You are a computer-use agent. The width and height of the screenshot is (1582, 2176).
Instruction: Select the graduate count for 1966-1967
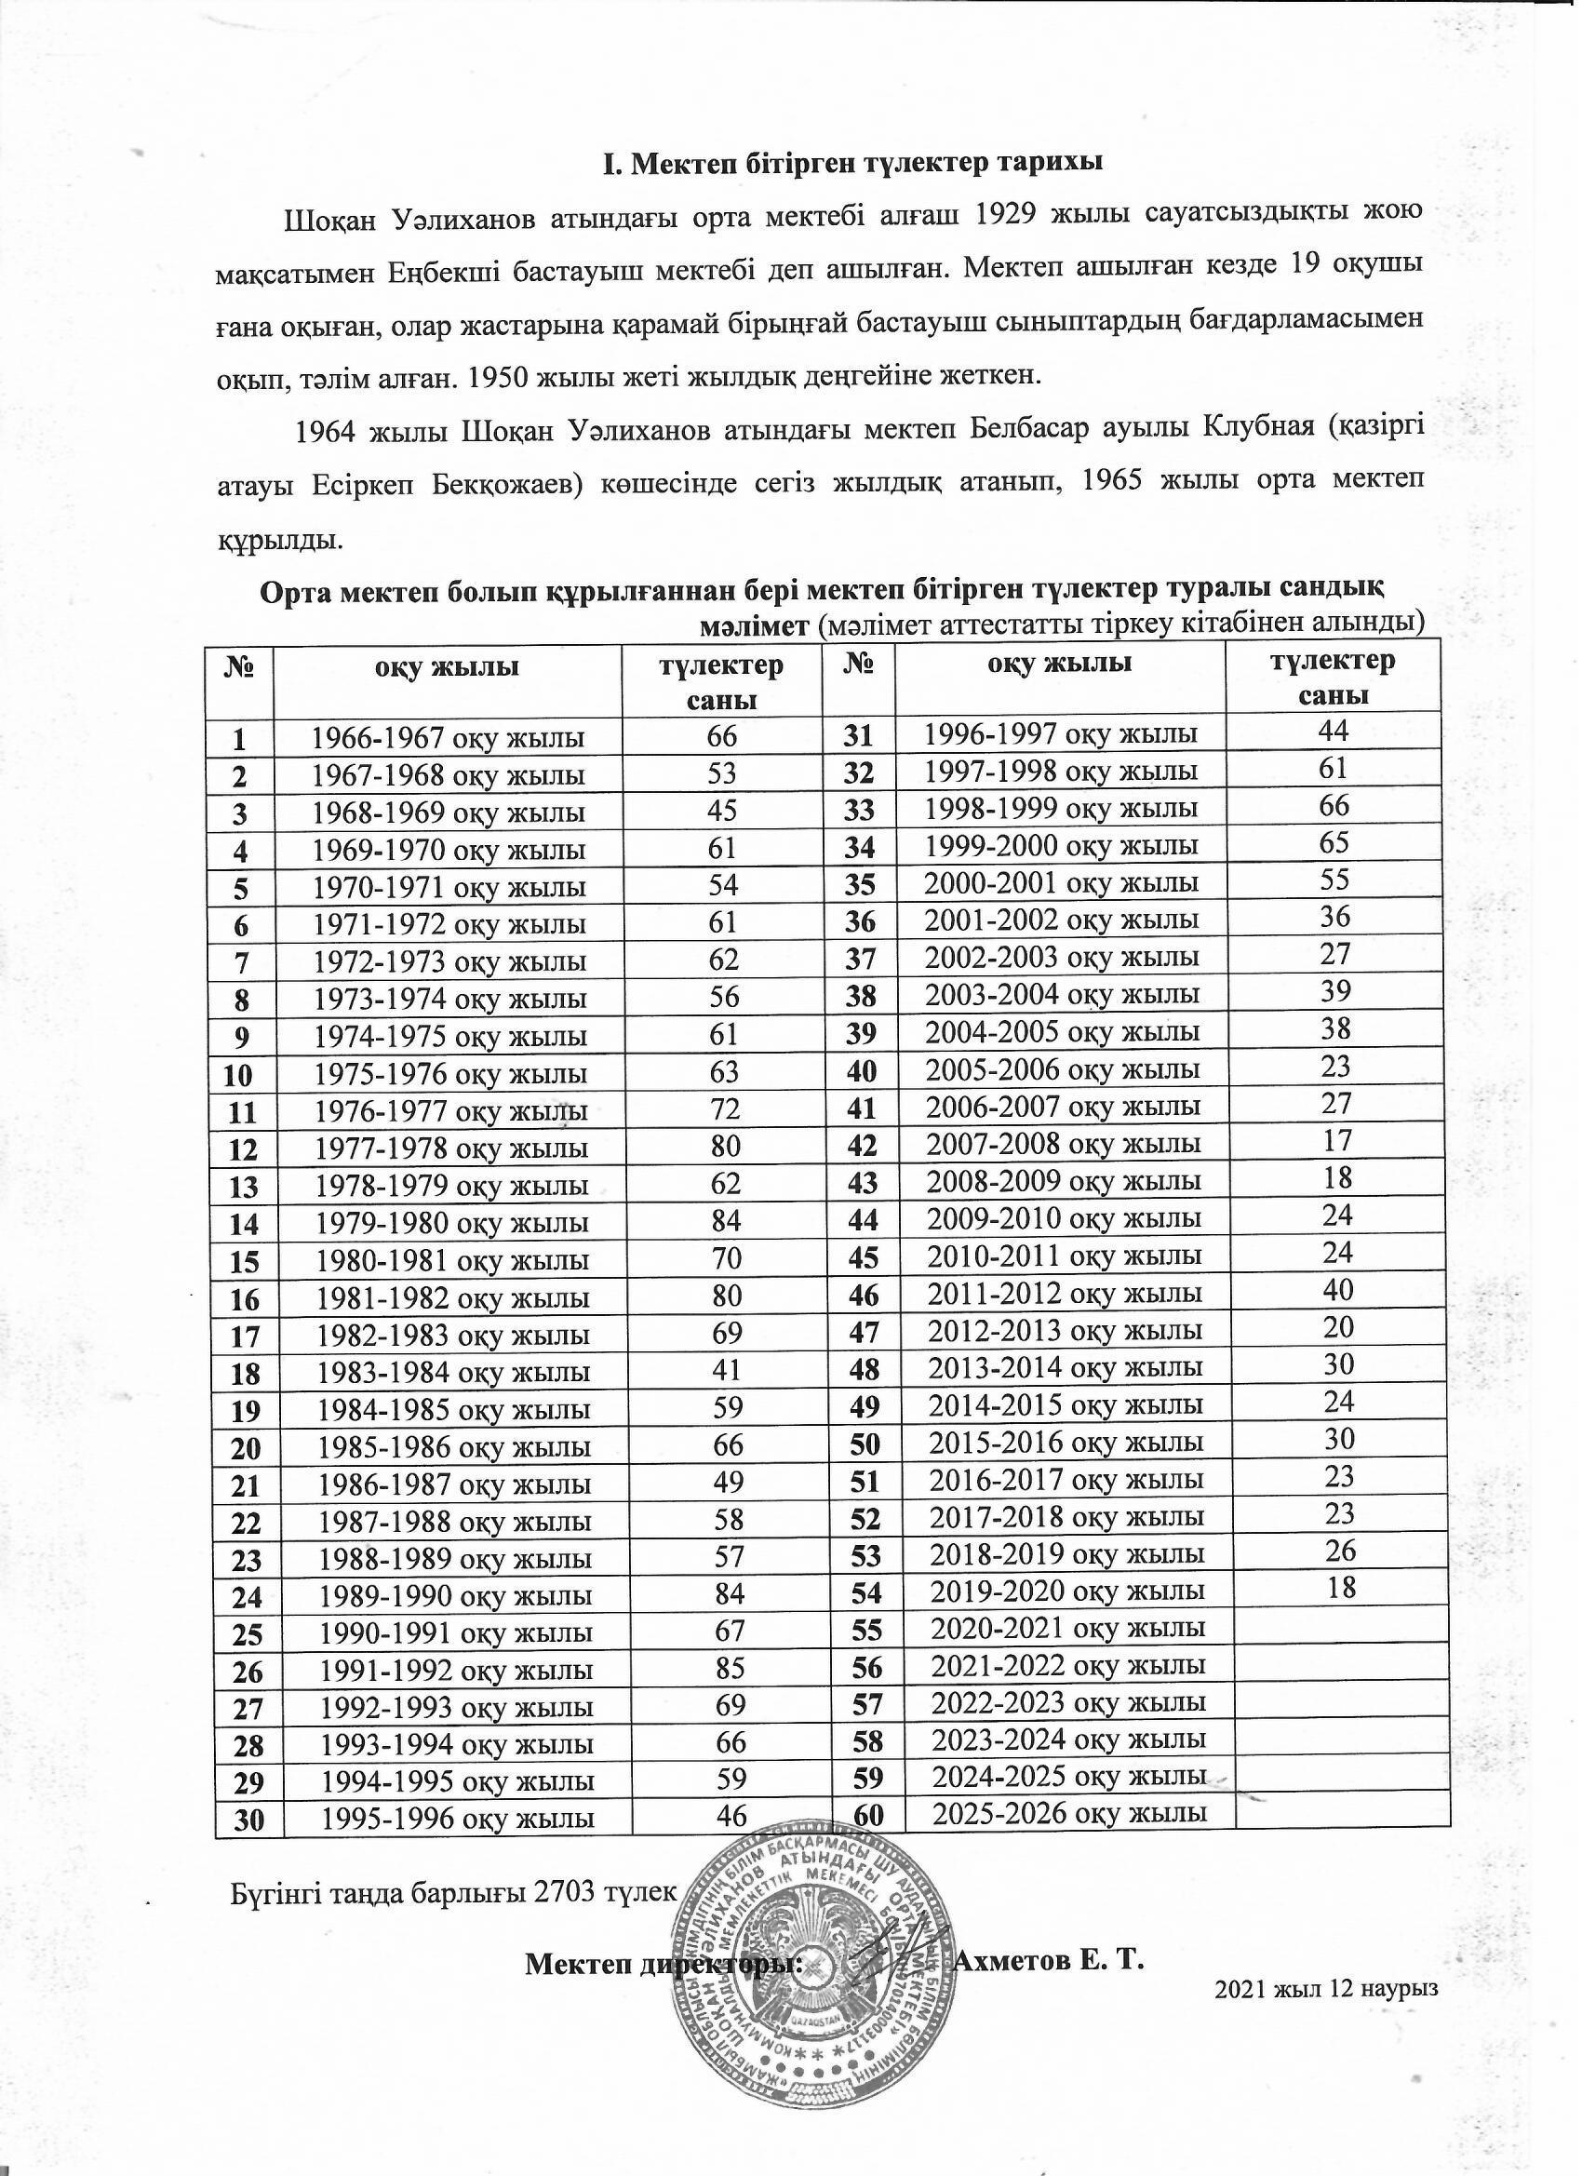point(723,736)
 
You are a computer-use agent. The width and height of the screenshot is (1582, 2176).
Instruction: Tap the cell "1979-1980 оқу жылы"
point(451,1223)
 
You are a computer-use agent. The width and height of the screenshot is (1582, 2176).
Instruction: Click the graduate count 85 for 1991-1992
point(731,1669)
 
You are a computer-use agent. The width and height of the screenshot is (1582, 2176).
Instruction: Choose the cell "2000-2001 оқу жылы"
point(1060,882)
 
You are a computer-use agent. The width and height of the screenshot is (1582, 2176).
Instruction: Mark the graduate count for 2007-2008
point(1336,1141)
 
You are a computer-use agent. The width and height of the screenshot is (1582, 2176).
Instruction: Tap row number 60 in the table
point(861,1815)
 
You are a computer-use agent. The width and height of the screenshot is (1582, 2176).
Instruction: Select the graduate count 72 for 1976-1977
point(725,1110)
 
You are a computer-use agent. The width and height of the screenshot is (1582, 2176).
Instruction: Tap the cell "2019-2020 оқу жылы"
point(1067,1591)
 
